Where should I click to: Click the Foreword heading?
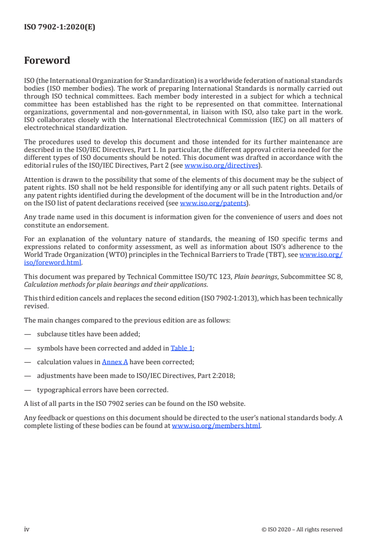click(47, 61)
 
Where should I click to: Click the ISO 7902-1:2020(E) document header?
click(59, 27)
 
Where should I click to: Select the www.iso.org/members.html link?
click(216, 426)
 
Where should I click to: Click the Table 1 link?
click(182, 348)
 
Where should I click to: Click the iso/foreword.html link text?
click(53, 262)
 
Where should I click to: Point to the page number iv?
click(27, 529)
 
